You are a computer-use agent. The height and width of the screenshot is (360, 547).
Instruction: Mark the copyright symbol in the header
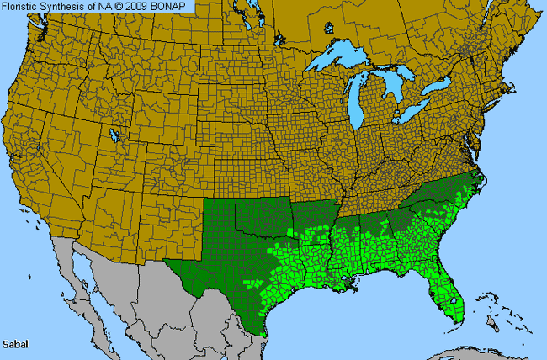point(125,7)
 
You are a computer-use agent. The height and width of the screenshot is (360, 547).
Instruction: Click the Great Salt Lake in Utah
point(114,135)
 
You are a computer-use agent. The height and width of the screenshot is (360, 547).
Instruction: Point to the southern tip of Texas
point(263,332)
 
